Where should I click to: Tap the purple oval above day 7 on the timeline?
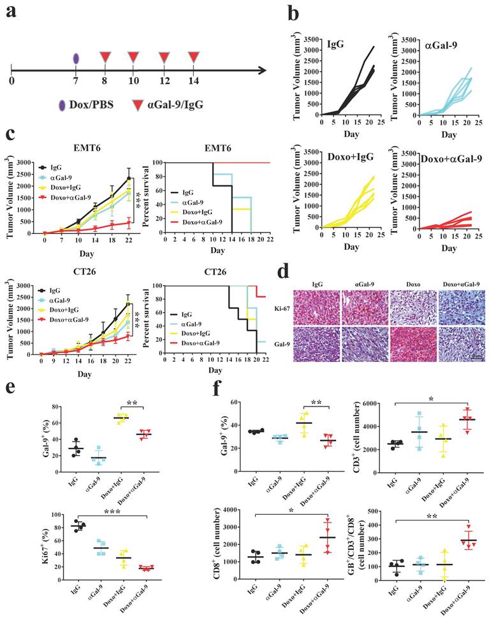76,59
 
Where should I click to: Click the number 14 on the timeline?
194,81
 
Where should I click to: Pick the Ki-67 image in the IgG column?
318,308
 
